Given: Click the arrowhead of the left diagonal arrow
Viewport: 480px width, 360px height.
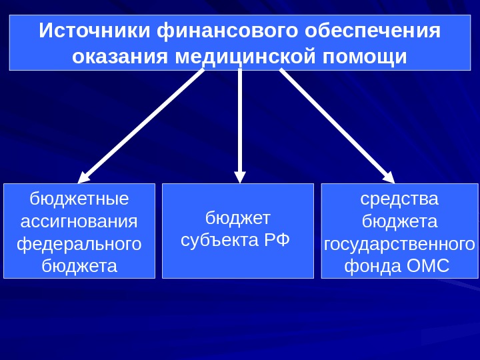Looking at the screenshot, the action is [84, 177].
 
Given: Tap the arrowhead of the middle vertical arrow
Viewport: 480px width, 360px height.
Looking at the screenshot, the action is [240, 177].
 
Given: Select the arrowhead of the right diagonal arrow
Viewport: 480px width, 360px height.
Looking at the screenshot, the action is [389, 177].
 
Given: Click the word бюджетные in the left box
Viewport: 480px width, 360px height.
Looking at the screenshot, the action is [79, 199].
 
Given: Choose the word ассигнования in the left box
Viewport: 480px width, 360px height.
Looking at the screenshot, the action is [79, 221].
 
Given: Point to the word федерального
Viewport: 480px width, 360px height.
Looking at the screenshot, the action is [79, 244].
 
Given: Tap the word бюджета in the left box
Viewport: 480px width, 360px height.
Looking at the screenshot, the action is [79, 267].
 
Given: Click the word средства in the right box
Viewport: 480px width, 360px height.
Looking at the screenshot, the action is [400, 199].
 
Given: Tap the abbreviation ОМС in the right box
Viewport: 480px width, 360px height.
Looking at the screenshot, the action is [427, 267].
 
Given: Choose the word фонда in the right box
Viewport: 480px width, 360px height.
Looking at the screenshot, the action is [372, 267].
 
